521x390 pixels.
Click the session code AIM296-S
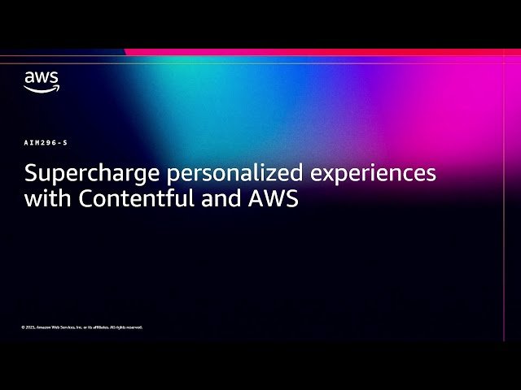coord(46,142)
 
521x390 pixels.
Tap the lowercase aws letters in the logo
coord(41,78)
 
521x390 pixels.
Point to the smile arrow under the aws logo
coord(42,89)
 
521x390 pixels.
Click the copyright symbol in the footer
coord(23,327)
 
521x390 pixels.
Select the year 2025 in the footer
coord(29,327)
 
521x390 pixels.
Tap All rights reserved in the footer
coord(127,327)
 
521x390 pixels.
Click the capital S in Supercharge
coord(30,174)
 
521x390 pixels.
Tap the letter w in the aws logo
coord(42,78)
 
